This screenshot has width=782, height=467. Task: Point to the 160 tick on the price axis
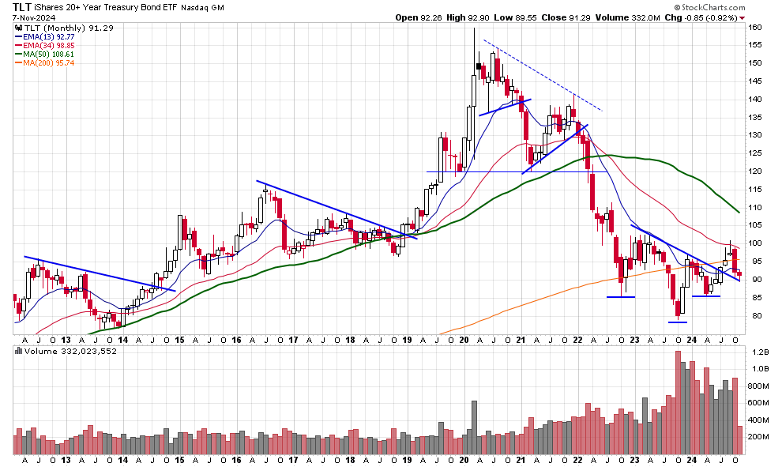tap(754, 28)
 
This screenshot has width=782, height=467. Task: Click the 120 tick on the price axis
tap(754, 171)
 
